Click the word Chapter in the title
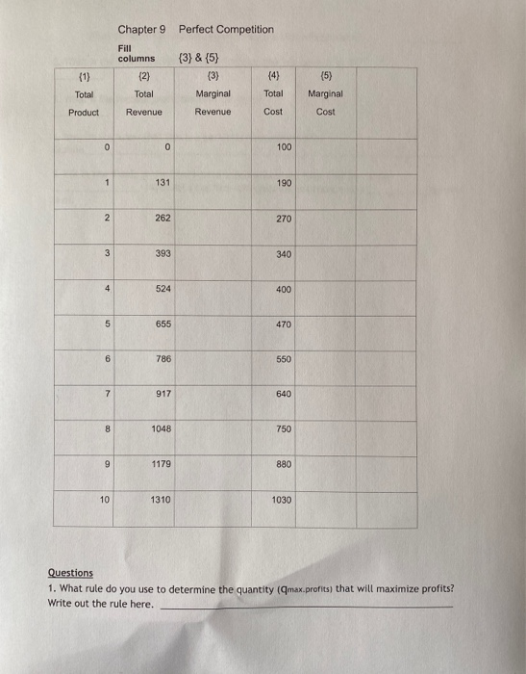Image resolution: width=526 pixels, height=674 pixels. tap(137, 30)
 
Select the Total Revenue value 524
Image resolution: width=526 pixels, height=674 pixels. tap(162, 289)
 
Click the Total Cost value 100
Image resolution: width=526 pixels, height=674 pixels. tap(283, 147)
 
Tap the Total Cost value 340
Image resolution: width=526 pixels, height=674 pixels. tap(283, 254)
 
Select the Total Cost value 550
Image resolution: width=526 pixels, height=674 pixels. tap(283, 359)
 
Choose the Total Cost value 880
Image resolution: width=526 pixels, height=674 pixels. tap(283, 465)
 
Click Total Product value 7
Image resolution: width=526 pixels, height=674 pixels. tap(110, 394)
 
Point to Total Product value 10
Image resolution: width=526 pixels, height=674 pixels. tap(105, 500)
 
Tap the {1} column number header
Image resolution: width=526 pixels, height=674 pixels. tap(84, 77)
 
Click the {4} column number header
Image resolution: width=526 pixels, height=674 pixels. tap(273, 77)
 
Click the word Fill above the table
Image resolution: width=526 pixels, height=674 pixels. tap(126, 47)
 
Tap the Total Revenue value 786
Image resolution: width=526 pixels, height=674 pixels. tap(162, 359)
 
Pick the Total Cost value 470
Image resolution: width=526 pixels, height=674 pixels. tap(283, 324)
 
